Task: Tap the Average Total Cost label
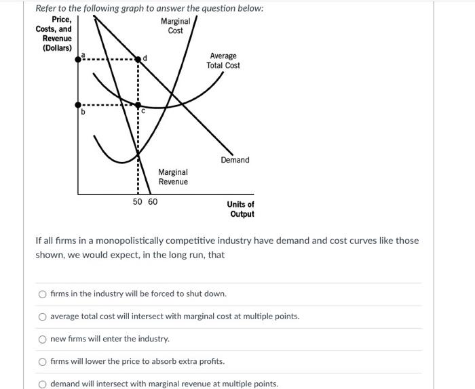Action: coord(223,60)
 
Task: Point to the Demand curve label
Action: coord(235,160)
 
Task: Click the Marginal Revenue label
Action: coord(173,177)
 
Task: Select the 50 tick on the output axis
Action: coord(138,202)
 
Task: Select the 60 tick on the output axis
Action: coord(152,202)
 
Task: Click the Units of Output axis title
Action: coord(241,209)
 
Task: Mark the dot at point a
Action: coord(79,60)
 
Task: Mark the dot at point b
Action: coord(79,105)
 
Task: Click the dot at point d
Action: coord(138,60)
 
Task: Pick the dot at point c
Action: coord(138,105)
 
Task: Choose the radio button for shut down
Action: coord(43,294)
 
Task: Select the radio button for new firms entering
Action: coord(43,339)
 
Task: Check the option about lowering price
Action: coord(43,361)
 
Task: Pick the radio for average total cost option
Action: coord(43,316)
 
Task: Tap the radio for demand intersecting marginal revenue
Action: coord(43,384)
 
